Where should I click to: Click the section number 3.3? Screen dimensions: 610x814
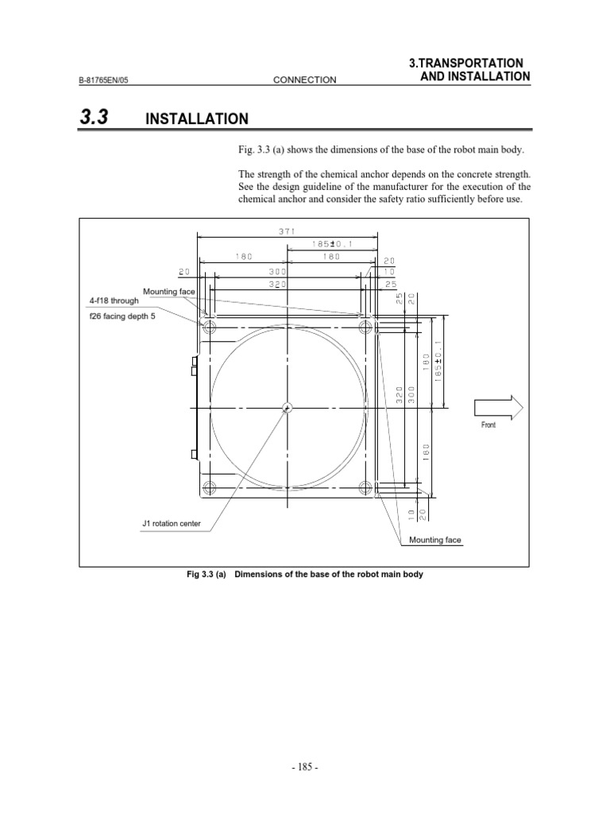coord(94,118)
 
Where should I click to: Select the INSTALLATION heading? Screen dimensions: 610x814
coord(197,119)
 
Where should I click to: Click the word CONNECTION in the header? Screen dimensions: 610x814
coord(304,79)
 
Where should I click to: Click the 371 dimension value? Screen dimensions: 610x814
coord(287,231)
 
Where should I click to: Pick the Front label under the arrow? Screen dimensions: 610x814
coord(488,425)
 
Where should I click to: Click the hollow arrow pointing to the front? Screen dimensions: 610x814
coord(498,407)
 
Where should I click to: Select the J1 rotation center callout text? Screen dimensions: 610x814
coord(172,524)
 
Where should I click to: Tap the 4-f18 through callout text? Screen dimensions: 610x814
coord(114,301)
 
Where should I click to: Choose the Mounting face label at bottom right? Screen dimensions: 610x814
coord(434,540)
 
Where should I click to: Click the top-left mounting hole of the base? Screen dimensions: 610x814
coord(210,327)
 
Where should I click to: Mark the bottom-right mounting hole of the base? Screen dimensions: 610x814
coord(366,486)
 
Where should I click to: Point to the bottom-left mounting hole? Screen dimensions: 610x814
coord(210,486)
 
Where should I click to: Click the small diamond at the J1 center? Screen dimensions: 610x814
coord(288,408)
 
